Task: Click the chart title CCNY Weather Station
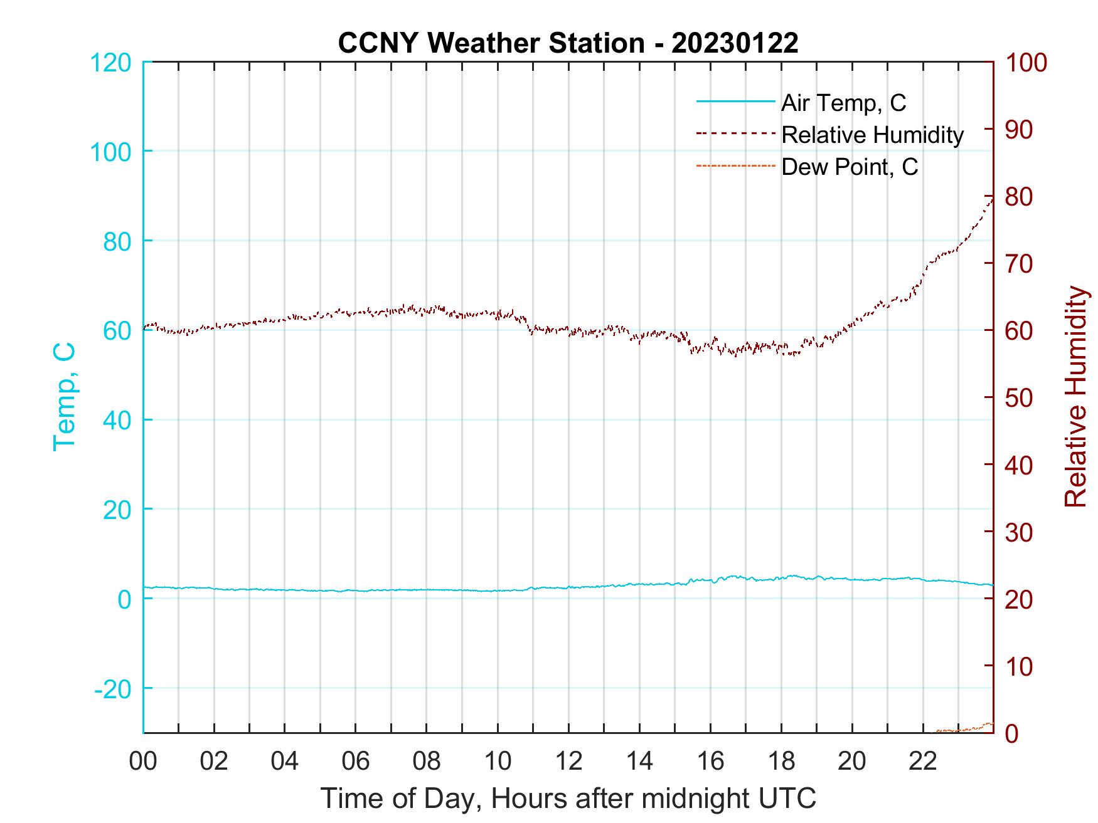coord(567,43)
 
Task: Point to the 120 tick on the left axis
coord(110,63)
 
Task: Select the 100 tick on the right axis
coord(1026,63)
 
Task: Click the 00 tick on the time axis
coord(143,761)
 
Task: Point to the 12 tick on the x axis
coord(568,761)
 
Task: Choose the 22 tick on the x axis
coord(923,761)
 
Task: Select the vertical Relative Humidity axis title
coord(1075,397)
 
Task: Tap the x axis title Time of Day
coord(568,799)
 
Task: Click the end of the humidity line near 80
coord(991,200)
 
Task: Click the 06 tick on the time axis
coord(356,761)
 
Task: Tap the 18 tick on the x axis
coord(781,761)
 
